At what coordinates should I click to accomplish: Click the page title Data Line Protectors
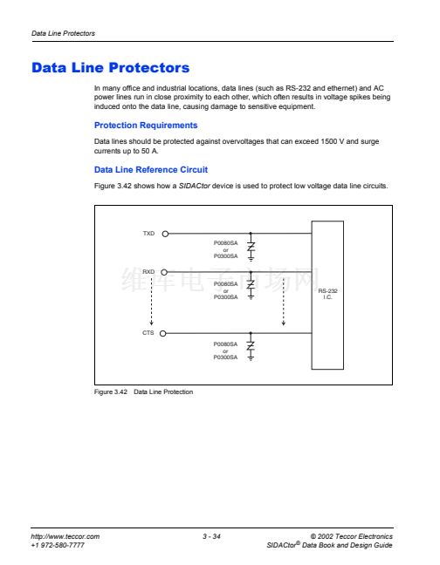pyautogui.click(x=110, y=68)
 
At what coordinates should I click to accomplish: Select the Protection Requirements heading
pyautogui.click(x=146, y=126)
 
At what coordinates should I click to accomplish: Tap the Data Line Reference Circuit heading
pyautogui.click(x=151, y=170)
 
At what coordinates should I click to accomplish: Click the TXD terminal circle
pyautogui.click(x=165, y=234)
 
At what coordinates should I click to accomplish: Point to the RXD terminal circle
pyautogui.click(x=164, y=272)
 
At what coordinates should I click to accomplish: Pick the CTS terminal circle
pyautogui.click(x=163, y=333)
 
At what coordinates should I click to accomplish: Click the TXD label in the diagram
pyautogui.click(x=148, y=234)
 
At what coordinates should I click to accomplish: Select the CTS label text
pyautogui.click(x=148, y=332)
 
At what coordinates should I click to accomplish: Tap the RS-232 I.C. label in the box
pyautogui.click(x=327, y=294)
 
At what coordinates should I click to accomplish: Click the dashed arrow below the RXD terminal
pyautogui.click(x=152, y=301)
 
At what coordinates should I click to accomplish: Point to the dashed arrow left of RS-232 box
pyautogui.click(x=284, y=302)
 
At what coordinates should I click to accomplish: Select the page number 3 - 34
pyautogui.click(x=211, y=536)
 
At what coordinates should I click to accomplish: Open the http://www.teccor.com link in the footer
pyautogui.click(x=65, y=536)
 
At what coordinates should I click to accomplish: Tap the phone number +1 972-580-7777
pyautogui.click(x=58, y=545)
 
